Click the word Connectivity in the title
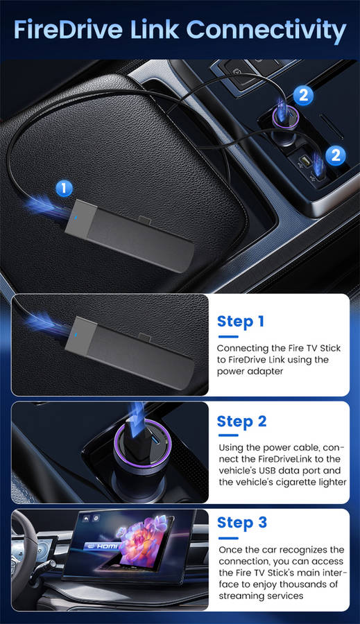[266, 31]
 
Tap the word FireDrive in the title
[68, 29]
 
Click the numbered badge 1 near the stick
[64, 188]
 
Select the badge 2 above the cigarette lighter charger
[303, 96]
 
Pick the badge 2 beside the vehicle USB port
[336, 155]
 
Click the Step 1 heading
[241, 322]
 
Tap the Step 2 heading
[241, 422]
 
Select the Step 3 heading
[241, 523]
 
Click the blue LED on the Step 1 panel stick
[76, 335]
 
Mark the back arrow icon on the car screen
[85, 519]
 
